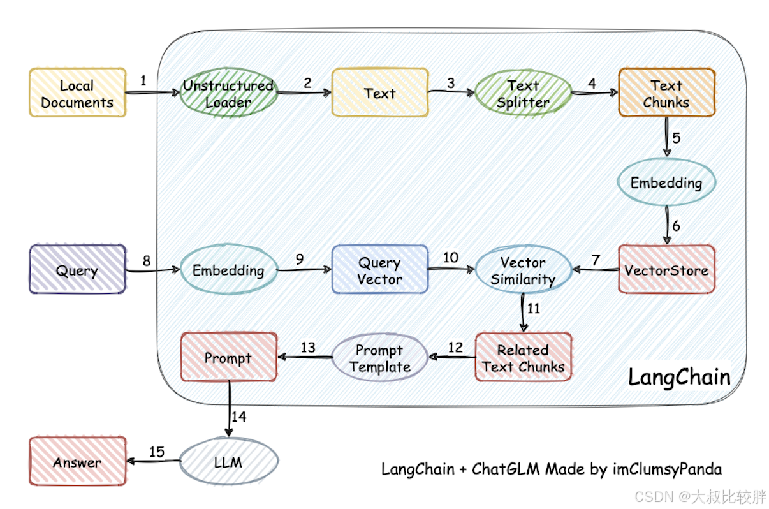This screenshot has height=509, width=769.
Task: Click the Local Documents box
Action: tap(77, 93)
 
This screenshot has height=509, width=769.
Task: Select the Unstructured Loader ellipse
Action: tap(228, 93)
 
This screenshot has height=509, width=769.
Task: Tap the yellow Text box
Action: tap(379, 93)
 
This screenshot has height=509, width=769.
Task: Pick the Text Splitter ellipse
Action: tap(523, 93)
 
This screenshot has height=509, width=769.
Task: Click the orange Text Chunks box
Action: tap(666, 93)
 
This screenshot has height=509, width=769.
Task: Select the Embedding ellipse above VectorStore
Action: tap(666, 182)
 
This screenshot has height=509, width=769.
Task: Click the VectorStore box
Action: tap(666, 270)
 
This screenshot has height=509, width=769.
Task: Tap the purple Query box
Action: tap(77, 270)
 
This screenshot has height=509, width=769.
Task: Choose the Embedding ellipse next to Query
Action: tap(228, 270)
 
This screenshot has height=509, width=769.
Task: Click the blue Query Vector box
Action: tap(379, 270)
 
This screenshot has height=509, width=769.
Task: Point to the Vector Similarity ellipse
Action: tap(523, 270)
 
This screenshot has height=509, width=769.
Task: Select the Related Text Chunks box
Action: tap(523, 358)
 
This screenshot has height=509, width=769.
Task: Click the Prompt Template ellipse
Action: tap(379, 358)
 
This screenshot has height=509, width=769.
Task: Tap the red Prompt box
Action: tap(228, 358)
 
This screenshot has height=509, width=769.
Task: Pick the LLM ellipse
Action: tap(228, 461)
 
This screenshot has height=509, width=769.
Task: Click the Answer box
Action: tap(77, 461)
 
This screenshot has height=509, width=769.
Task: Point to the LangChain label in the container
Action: tap(679, 376)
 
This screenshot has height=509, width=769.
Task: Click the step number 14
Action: tap(238, 417)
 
